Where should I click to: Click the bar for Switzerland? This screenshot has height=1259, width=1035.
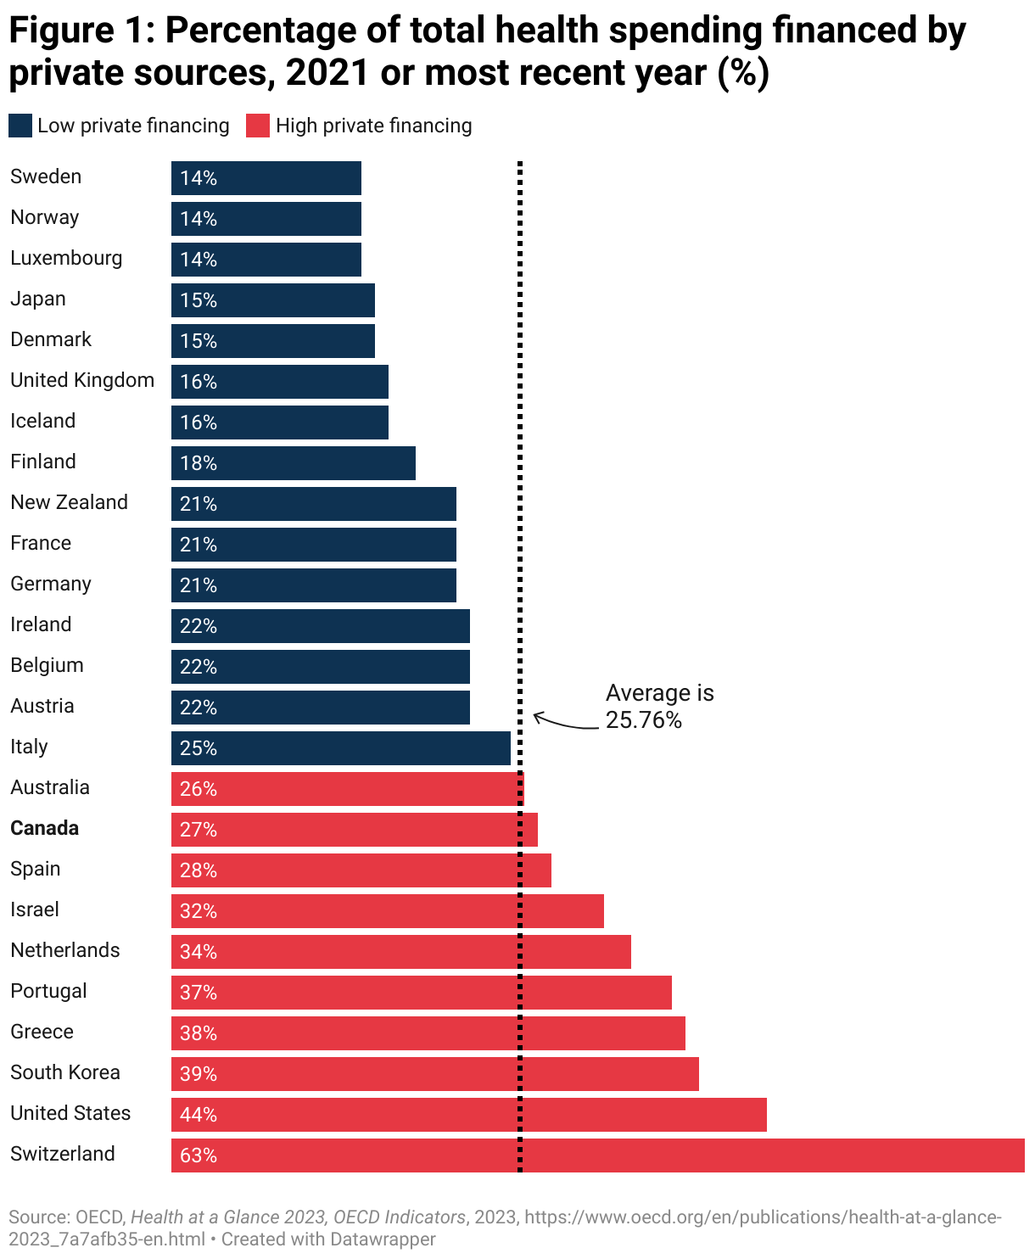pos(597,1155)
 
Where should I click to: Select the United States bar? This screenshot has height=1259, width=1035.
pos(468,1115)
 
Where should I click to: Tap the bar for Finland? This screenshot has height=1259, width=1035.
pos(293,463)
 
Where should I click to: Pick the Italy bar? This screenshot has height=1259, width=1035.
pos(340,748)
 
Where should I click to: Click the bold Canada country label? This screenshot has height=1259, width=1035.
pos(44,828)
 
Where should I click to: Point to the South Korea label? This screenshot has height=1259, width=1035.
pos(65,1072)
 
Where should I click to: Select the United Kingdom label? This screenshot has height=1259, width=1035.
pos(82,380)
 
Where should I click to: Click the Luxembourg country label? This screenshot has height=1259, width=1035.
pos(66,258)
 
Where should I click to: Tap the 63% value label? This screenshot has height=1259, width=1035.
pos(199,1155)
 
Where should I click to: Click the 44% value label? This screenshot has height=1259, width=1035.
pos(199,1115)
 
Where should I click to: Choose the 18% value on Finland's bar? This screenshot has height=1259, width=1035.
pos(199,463)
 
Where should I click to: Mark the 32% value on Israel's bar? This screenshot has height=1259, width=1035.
pos(199,911)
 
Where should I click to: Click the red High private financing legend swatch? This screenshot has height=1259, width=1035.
pos(258,126)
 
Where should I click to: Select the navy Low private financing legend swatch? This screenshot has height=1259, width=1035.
pos(20,126)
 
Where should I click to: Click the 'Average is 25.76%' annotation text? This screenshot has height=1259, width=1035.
pos(659,706)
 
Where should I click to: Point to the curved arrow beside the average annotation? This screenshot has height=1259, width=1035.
pos(564,723)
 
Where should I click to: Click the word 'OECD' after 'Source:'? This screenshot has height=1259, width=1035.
pos(99,1217)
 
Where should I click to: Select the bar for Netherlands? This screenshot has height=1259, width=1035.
pos(400,952)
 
